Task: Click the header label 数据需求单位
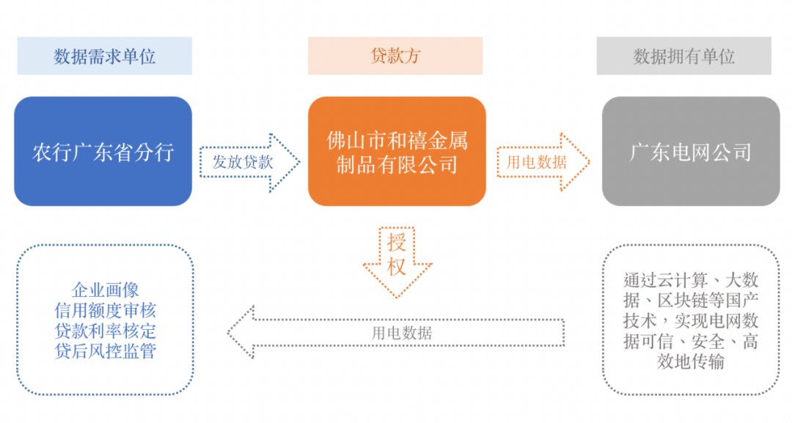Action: (x=105, y=56)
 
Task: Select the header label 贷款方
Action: (x=395, y=56)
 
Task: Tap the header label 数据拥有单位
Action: (x=683, y=56)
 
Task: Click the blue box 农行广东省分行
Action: (x=103, y=152)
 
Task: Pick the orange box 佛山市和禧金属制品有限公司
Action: (x=397, y=152)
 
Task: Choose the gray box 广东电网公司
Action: (x=691, y=152)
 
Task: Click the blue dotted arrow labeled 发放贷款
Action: (x=250, y=163)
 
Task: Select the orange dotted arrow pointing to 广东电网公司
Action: (x=543, y=162)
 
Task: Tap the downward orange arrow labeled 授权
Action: (x=397, y=262)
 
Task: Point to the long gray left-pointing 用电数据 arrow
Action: (x=396, y=332)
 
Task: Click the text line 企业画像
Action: (x=105, y=290)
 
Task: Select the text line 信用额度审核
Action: (x=105, y=310)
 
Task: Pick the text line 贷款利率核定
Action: (x=105, y=331)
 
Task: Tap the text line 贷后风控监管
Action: (x=105, y=351)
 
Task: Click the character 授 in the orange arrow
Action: (x=397, y=243)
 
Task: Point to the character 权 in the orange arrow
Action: (x=397, y=267)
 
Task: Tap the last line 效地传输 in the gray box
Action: (x=691, y=362)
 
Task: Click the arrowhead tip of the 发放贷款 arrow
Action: (x=300, y=163)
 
